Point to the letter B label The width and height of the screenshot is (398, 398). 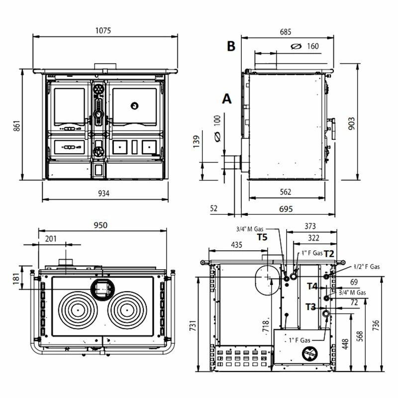231,46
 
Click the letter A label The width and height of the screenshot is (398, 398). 227,99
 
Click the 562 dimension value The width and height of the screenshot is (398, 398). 285,192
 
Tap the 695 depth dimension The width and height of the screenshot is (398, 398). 285,208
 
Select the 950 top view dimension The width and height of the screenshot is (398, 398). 100,225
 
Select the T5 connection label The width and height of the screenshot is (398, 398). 262,237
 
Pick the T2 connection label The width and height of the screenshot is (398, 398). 329,253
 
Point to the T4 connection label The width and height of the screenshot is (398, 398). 312,286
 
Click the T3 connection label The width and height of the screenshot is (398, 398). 310,306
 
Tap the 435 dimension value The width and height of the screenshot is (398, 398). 236,245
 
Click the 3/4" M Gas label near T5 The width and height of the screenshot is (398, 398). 250,229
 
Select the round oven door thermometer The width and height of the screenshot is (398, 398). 134,105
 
